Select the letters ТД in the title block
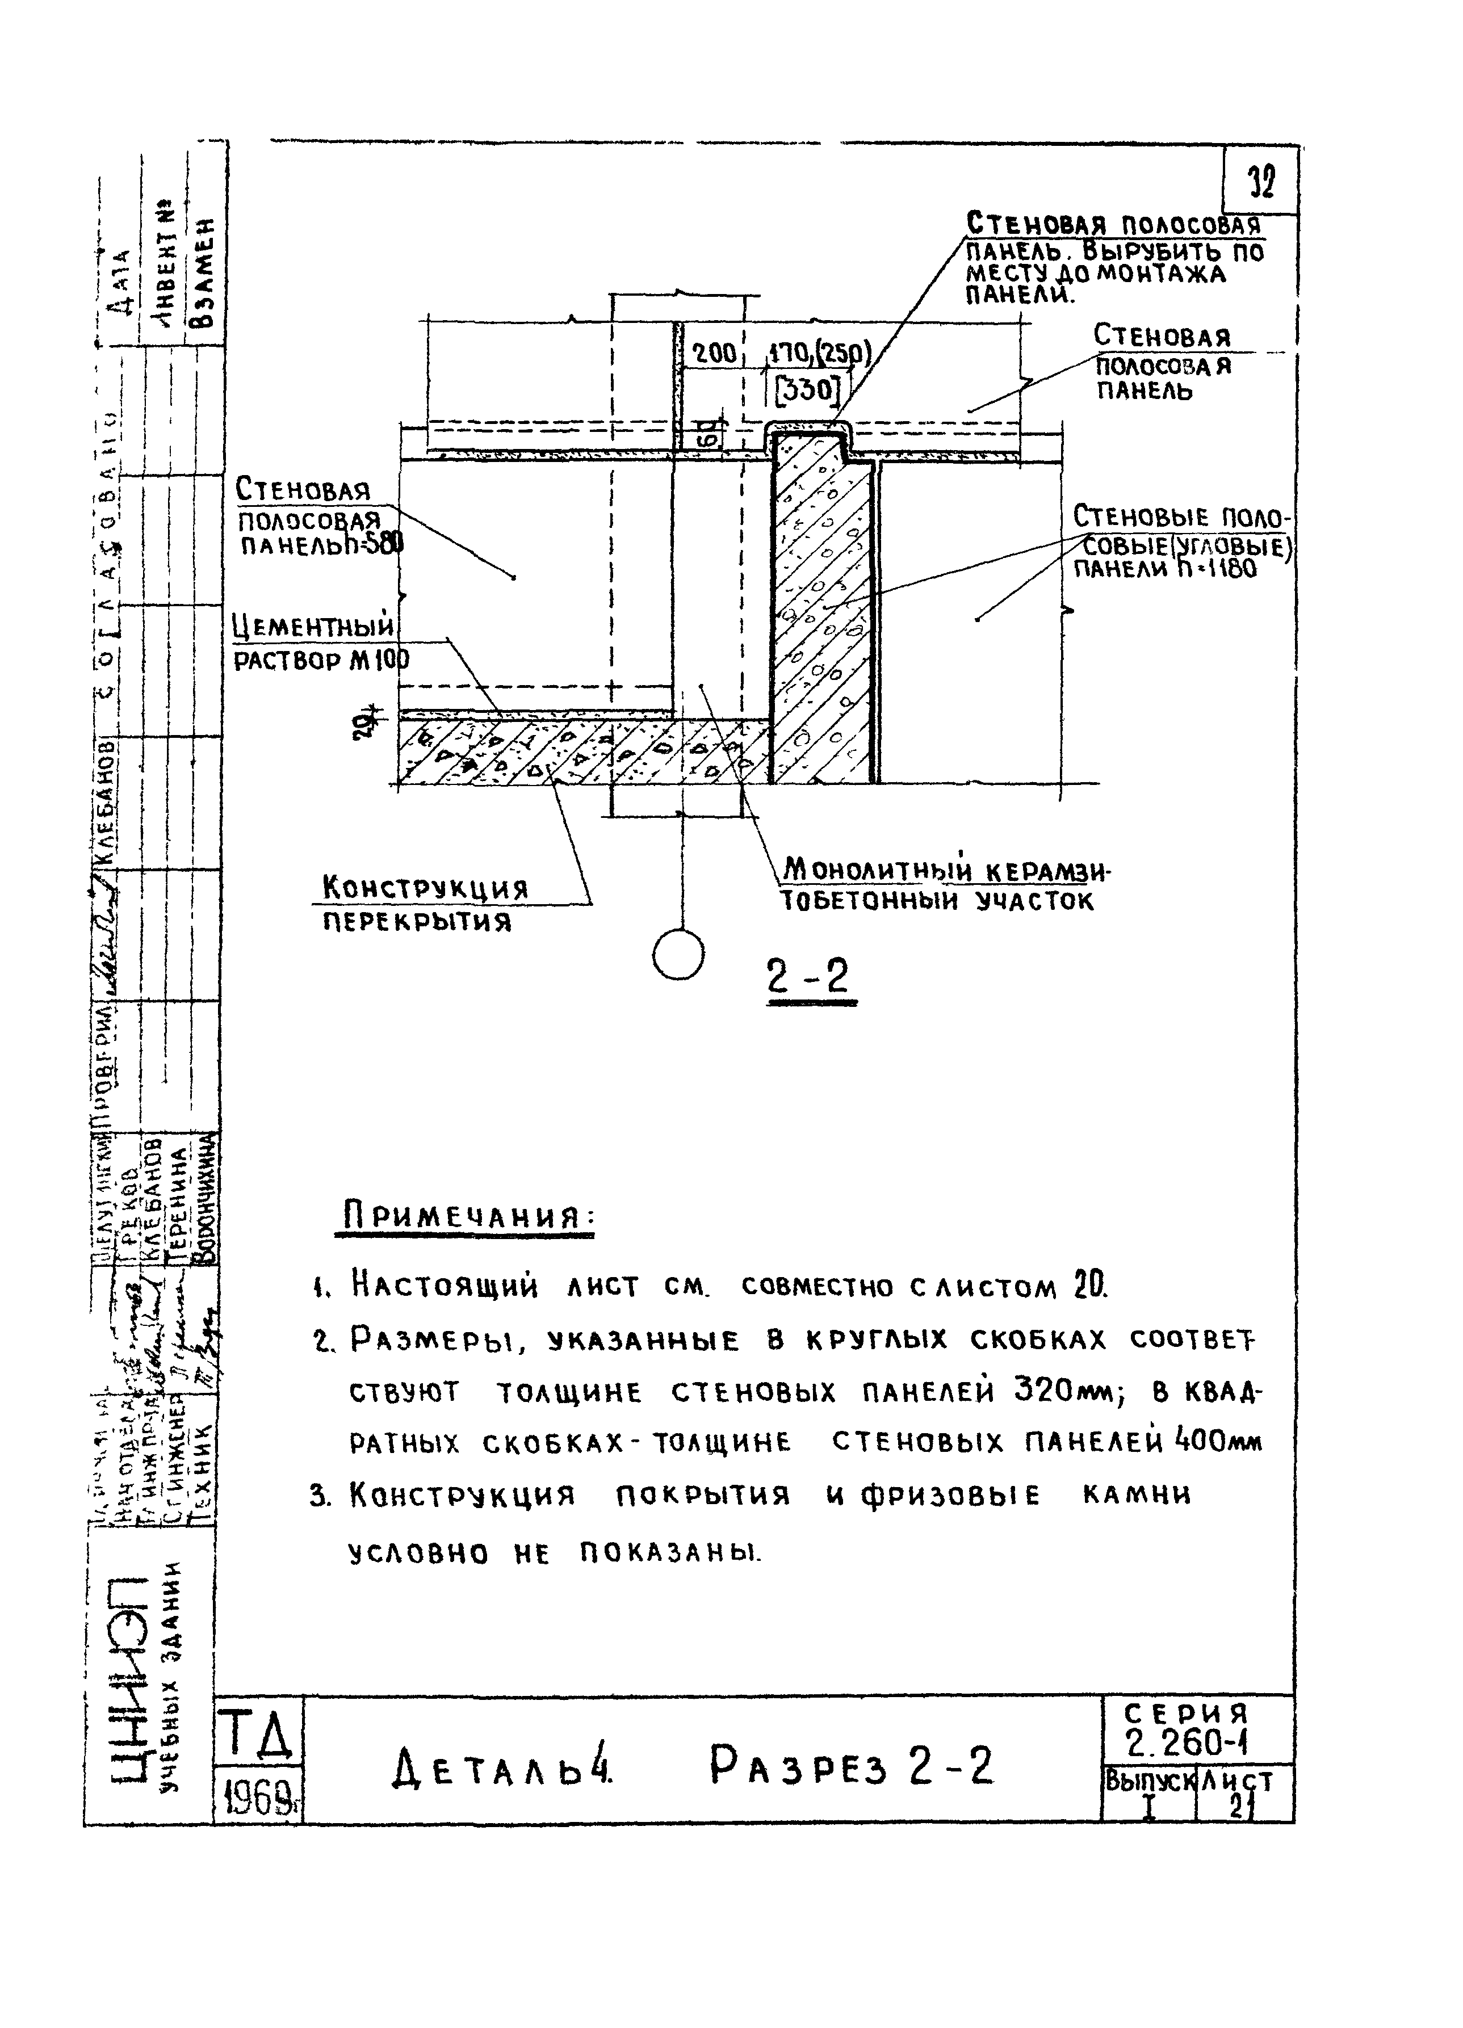tap(258, 1735)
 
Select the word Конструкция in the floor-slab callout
tap(425, 888)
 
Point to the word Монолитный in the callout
tap(863, 868)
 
